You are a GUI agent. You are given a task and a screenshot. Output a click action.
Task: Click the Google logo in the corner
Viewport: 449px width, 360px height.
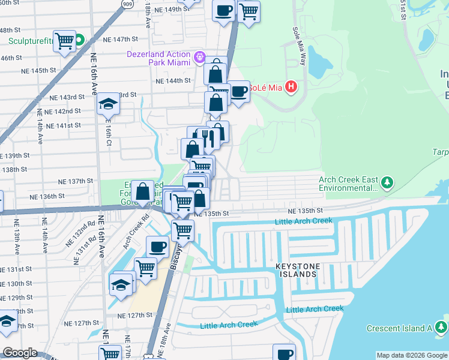click(x=20, y=353)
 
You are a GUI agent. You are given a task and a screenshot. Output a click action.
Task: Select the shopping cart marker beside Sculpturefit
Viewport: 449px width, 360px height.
click(x=65, y=41)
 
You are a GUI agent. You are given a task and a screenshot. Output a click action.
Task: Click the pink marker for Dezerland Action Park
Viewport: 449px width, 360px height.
click(x=200, y=59)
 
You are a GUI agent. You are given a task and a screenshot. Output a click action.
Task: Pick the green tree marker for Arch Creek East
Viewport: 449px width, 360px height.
click(x=388, y=182)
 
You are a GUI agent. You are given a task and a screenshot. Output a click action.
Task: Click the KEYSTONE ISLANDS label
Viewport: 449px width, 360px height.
click(x=295, y=270)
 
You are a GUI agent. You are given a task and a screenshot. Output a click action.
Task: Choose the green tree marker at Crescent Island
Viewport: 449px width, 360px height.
click(x=441, y=328)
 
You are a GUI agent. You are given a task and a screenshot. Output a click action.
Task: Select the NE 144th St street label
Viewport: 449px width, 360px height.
click(x=173, y=80)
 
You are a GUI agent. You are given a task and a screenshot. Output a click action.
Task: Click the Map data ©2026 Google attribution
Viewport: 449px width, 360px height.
click(x=411, y=355)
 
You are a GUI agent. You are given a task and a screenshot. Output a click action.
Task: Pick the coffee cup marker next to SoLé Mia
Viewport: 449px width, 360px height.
click(x=239, y=92)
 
